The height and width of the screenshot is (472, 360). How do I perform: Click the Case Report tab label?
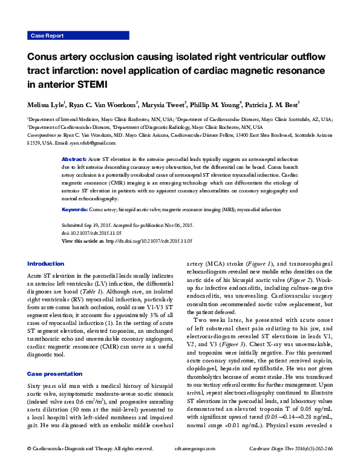click(x=47, y=36)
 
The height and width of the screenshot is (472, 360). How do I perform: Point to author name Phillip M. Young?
click(x=214, y=104)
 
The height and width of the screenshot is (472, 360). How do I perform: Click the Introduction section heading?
click(x=45, y=264)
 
